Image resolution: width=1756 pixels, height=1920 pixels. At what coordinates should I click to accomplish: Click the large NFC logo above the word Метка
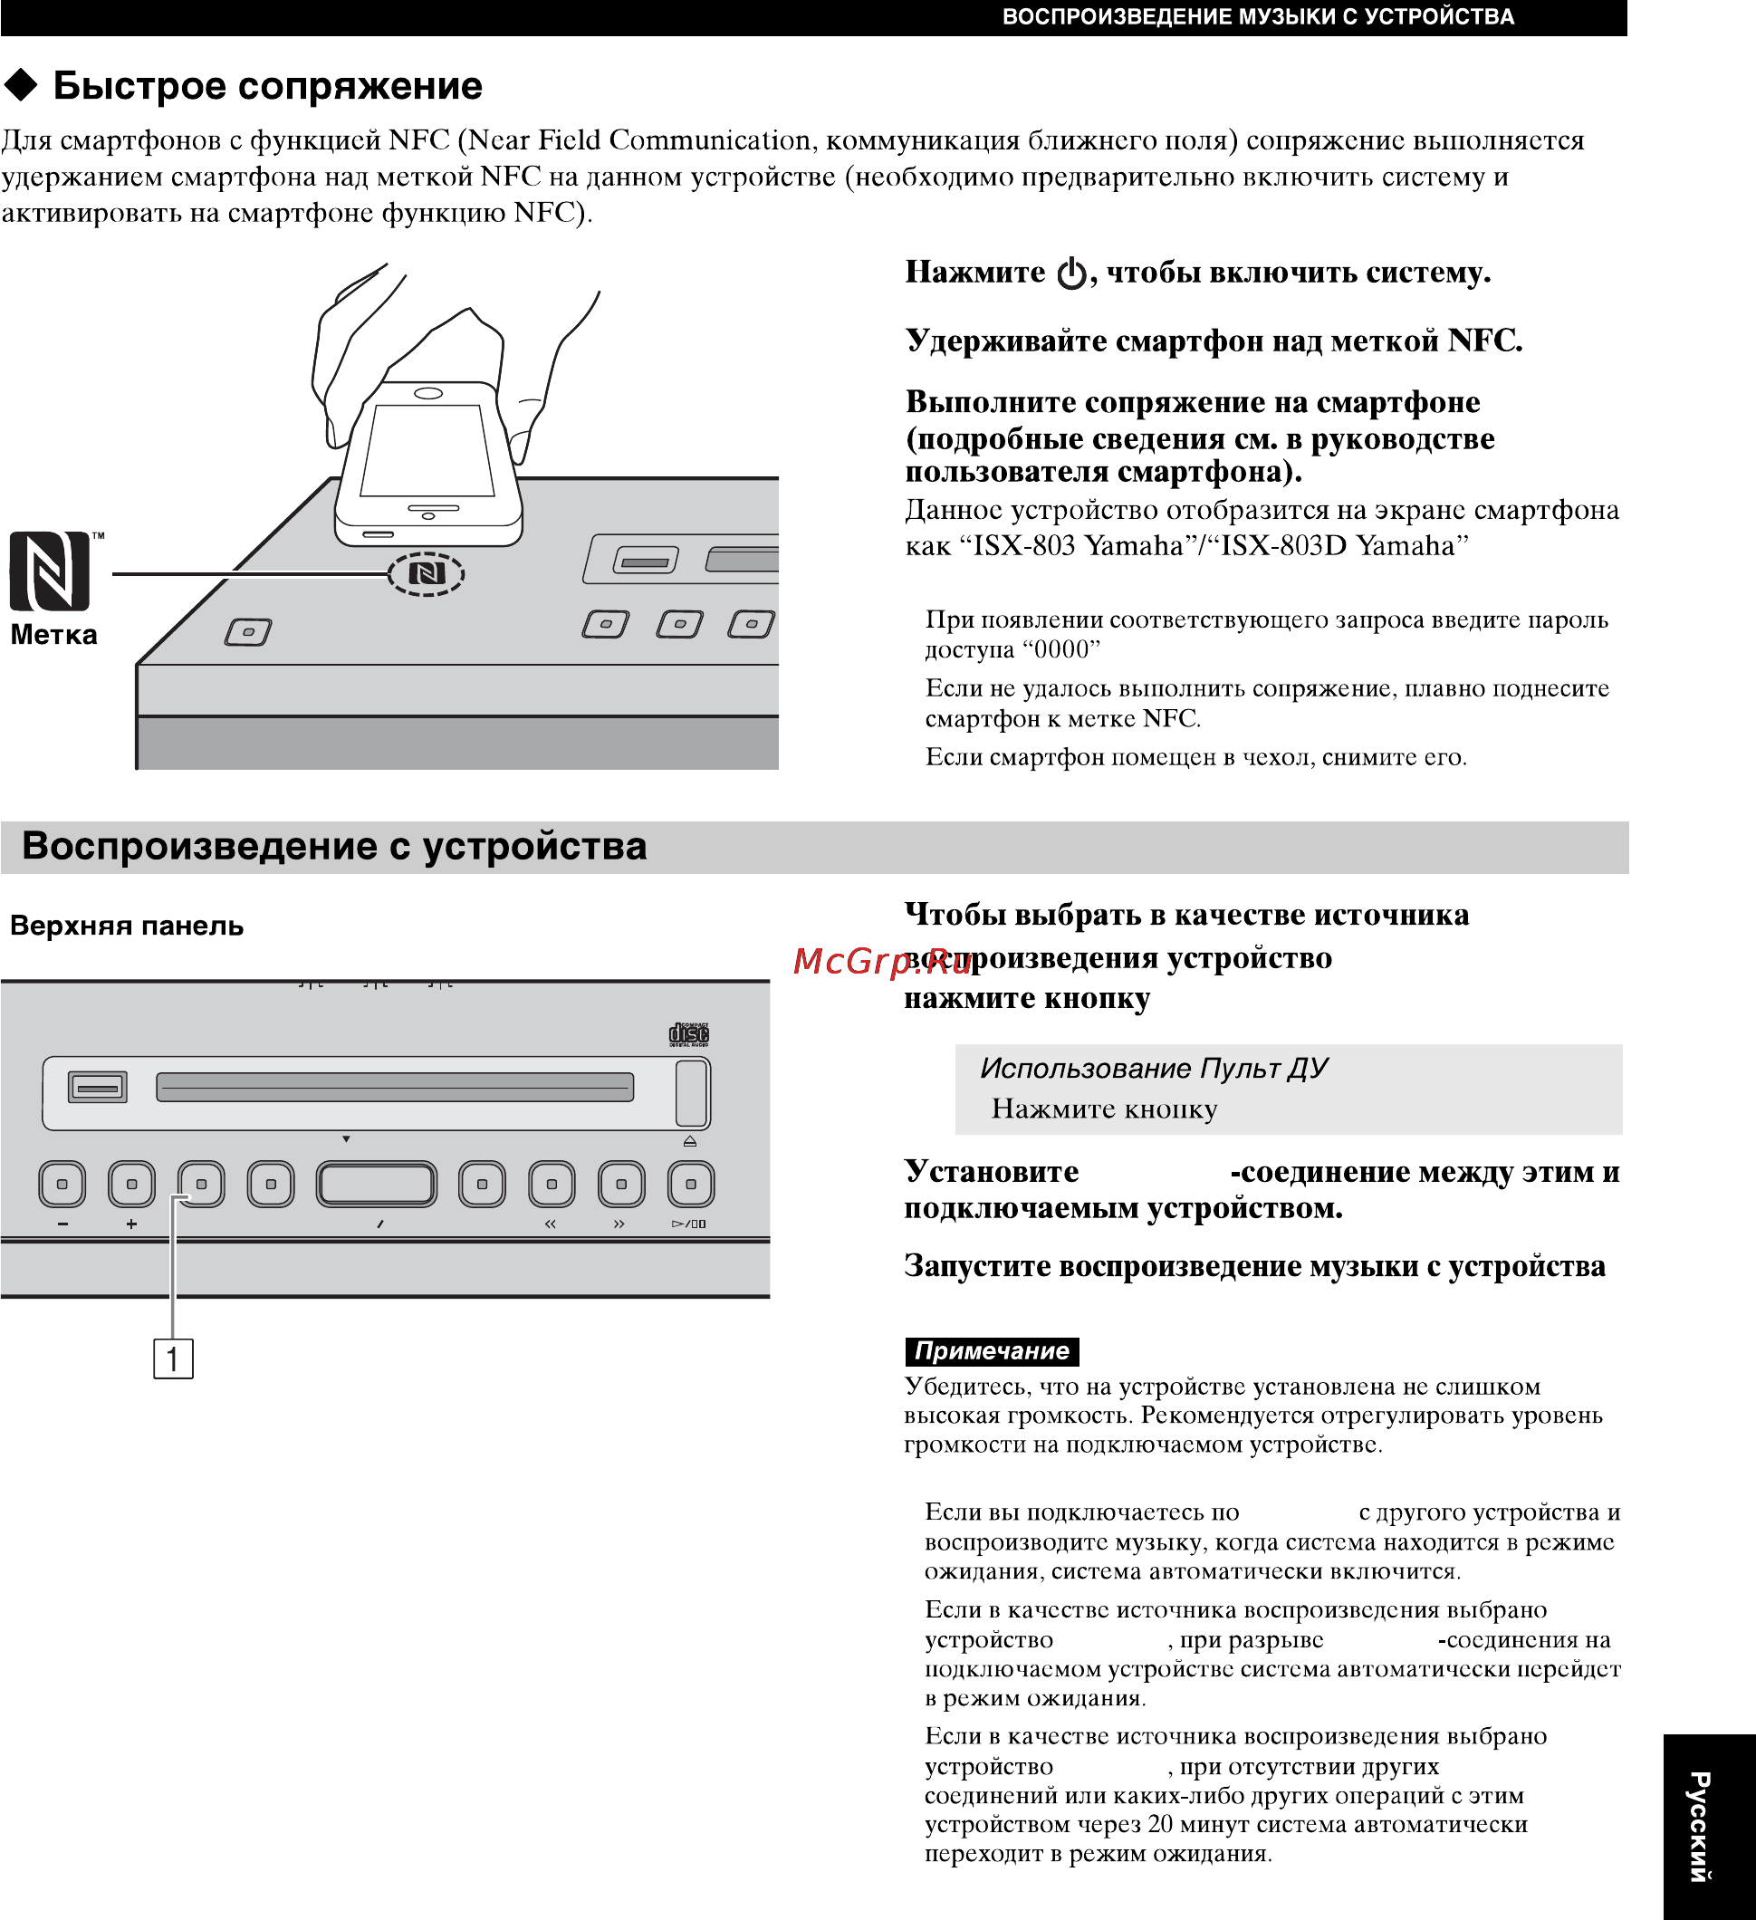coord(50,571)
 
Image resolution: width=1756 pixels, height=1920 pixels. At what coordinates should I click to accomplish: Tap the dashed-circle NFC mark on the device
coord(426,573)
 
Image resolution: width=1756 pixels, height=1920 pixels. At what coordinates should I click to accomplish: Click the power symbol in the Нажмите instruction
coord(1071,274)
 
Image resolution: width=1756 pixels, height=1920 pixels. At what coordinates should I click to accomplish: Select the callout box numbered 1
coord(173,1358)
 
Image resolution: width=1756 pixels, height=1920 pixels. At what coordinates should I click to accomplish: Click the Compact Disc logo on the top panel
coord(688,1034)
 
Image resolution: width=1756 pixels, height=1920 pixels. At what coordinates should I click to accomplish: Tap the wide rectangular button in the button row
coord(377,1184)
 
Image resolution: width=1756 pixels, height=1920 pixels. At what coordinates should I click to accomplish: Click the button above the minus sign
coord(62,1184)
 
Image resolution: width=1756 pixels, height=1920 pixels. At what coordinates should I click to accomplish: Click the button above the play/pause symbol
coord(690,1184)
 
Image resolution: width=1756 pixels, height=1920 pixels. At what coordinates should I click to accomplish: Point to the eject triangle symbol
coord(690,1141)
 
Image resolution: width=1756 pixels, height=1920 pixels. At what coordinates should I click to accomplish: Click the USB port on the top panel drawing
coord(97,1087)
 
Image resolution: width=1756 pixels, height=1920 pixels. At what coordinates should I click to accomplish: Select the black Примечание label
coord(991,1350)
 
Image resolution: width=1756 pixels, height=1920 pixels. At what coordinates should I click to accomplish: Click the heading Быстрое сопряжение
coord(267,86)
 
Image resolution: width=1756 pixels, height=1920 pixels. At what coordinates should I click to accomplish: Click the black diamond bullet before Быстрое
coord(21,86)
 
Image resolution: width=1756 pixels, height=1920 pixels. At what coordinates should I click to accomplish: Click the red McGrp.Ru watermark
coord(882,961)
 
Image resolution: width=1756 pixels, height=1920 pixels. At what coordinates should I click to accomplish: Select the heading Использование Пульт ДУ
coord(1153,1068)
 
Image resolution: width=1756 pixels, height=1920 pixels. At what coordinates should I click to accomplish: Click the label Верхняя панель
coord(127,926)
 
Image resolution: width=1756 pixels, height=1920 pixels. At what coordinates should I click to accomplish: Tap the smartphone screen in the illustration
coord(427,449)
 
